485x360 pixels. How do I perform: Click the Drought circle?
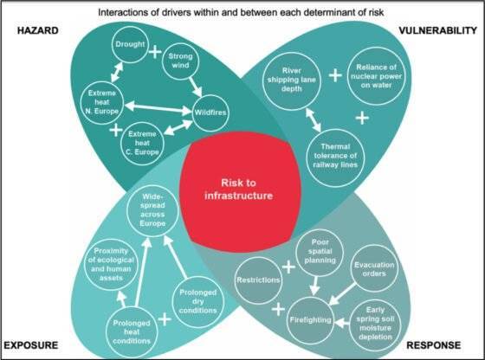coord(130,44)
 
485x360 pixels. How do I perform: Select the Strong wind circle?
coord(181,61)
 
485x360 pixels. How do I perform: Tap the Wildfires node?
coord(210,112)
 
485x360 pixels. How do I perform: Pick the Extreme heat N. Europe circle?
coord(102,103)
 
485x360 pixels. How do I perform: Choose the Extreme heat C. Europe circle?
coord(142,143)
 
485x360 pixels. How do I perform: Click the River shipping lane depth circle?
coord(292,81)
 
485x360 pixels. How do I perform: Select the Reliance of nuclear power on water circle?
coord(376,76)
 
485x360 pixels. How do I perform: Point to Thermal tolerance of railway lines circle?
coord(336,157)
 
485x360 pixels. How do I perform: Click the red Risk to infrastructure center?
coord(240,191)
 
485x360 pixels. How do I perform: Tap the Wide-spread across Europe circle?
coord(152,211)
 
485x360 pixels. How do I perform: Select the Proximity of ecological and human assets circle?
coord(111,265)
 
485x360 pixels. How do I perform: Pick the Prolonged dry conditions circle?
coord(198,302)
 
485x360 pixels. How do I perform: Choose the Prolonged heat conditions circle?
coord(132,332)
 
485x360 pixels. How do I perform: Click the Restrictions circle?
coord(259,280)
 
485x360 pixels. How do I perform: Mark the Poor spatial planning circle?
coord(320,253)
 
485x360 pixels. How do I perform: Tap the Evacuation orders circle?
coord(374,268)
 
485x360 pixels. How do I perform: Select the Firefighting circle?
coord(311,320)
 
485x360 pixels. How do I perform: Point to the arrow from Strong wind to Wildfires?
coord(196,87)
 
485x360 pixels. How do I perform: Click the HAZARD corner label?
coord(38,30)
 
